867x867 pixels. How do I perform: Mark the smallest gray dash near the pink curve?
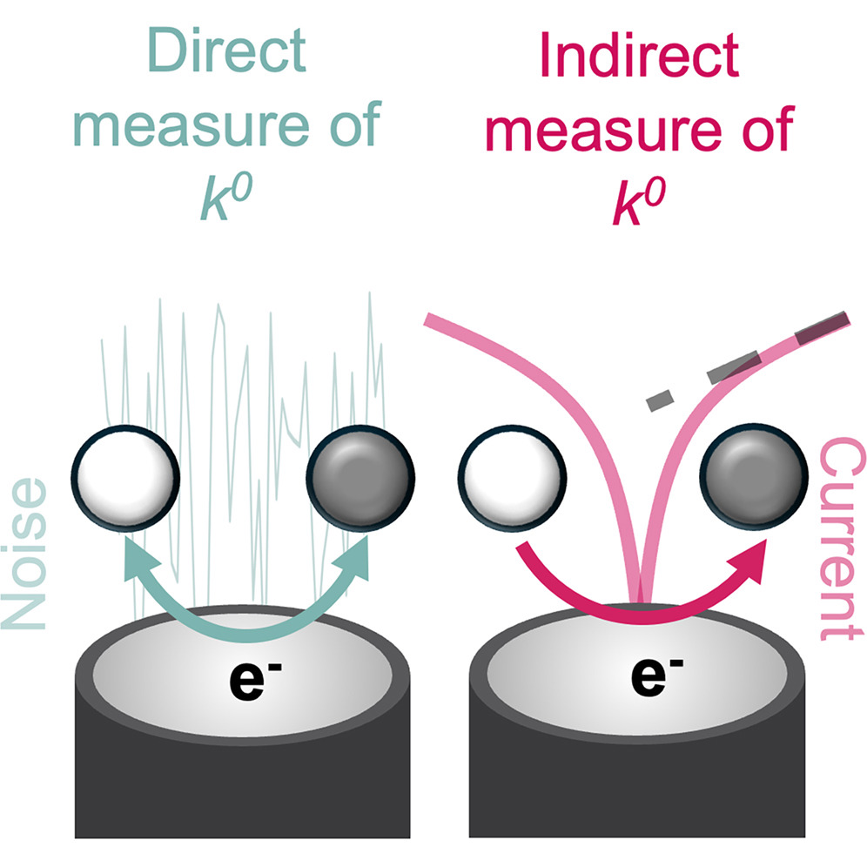[x=660, y=399]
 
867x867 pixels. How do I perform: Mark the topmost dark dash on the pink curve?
[x=821, y=326]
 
